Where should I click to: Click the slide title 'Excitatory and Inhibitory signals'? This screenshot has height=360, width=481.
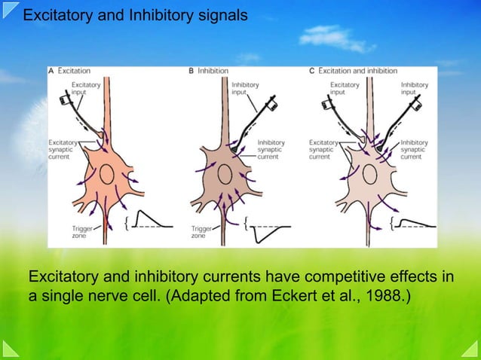[134, 14]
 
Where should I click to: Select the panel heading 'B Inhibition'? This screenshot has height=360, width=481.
[209, 71]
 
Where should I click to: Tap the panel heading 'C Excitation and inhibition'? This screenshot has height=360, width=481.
[354, 71]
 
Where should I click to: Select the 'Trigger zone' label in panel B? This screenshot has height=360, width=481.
[201, 231]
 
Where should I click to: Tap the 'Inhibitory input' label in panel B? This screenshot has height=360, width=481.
[245, 89]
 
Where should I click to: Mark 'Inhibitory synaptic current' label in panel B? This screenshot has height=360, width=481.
[271, 149]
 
